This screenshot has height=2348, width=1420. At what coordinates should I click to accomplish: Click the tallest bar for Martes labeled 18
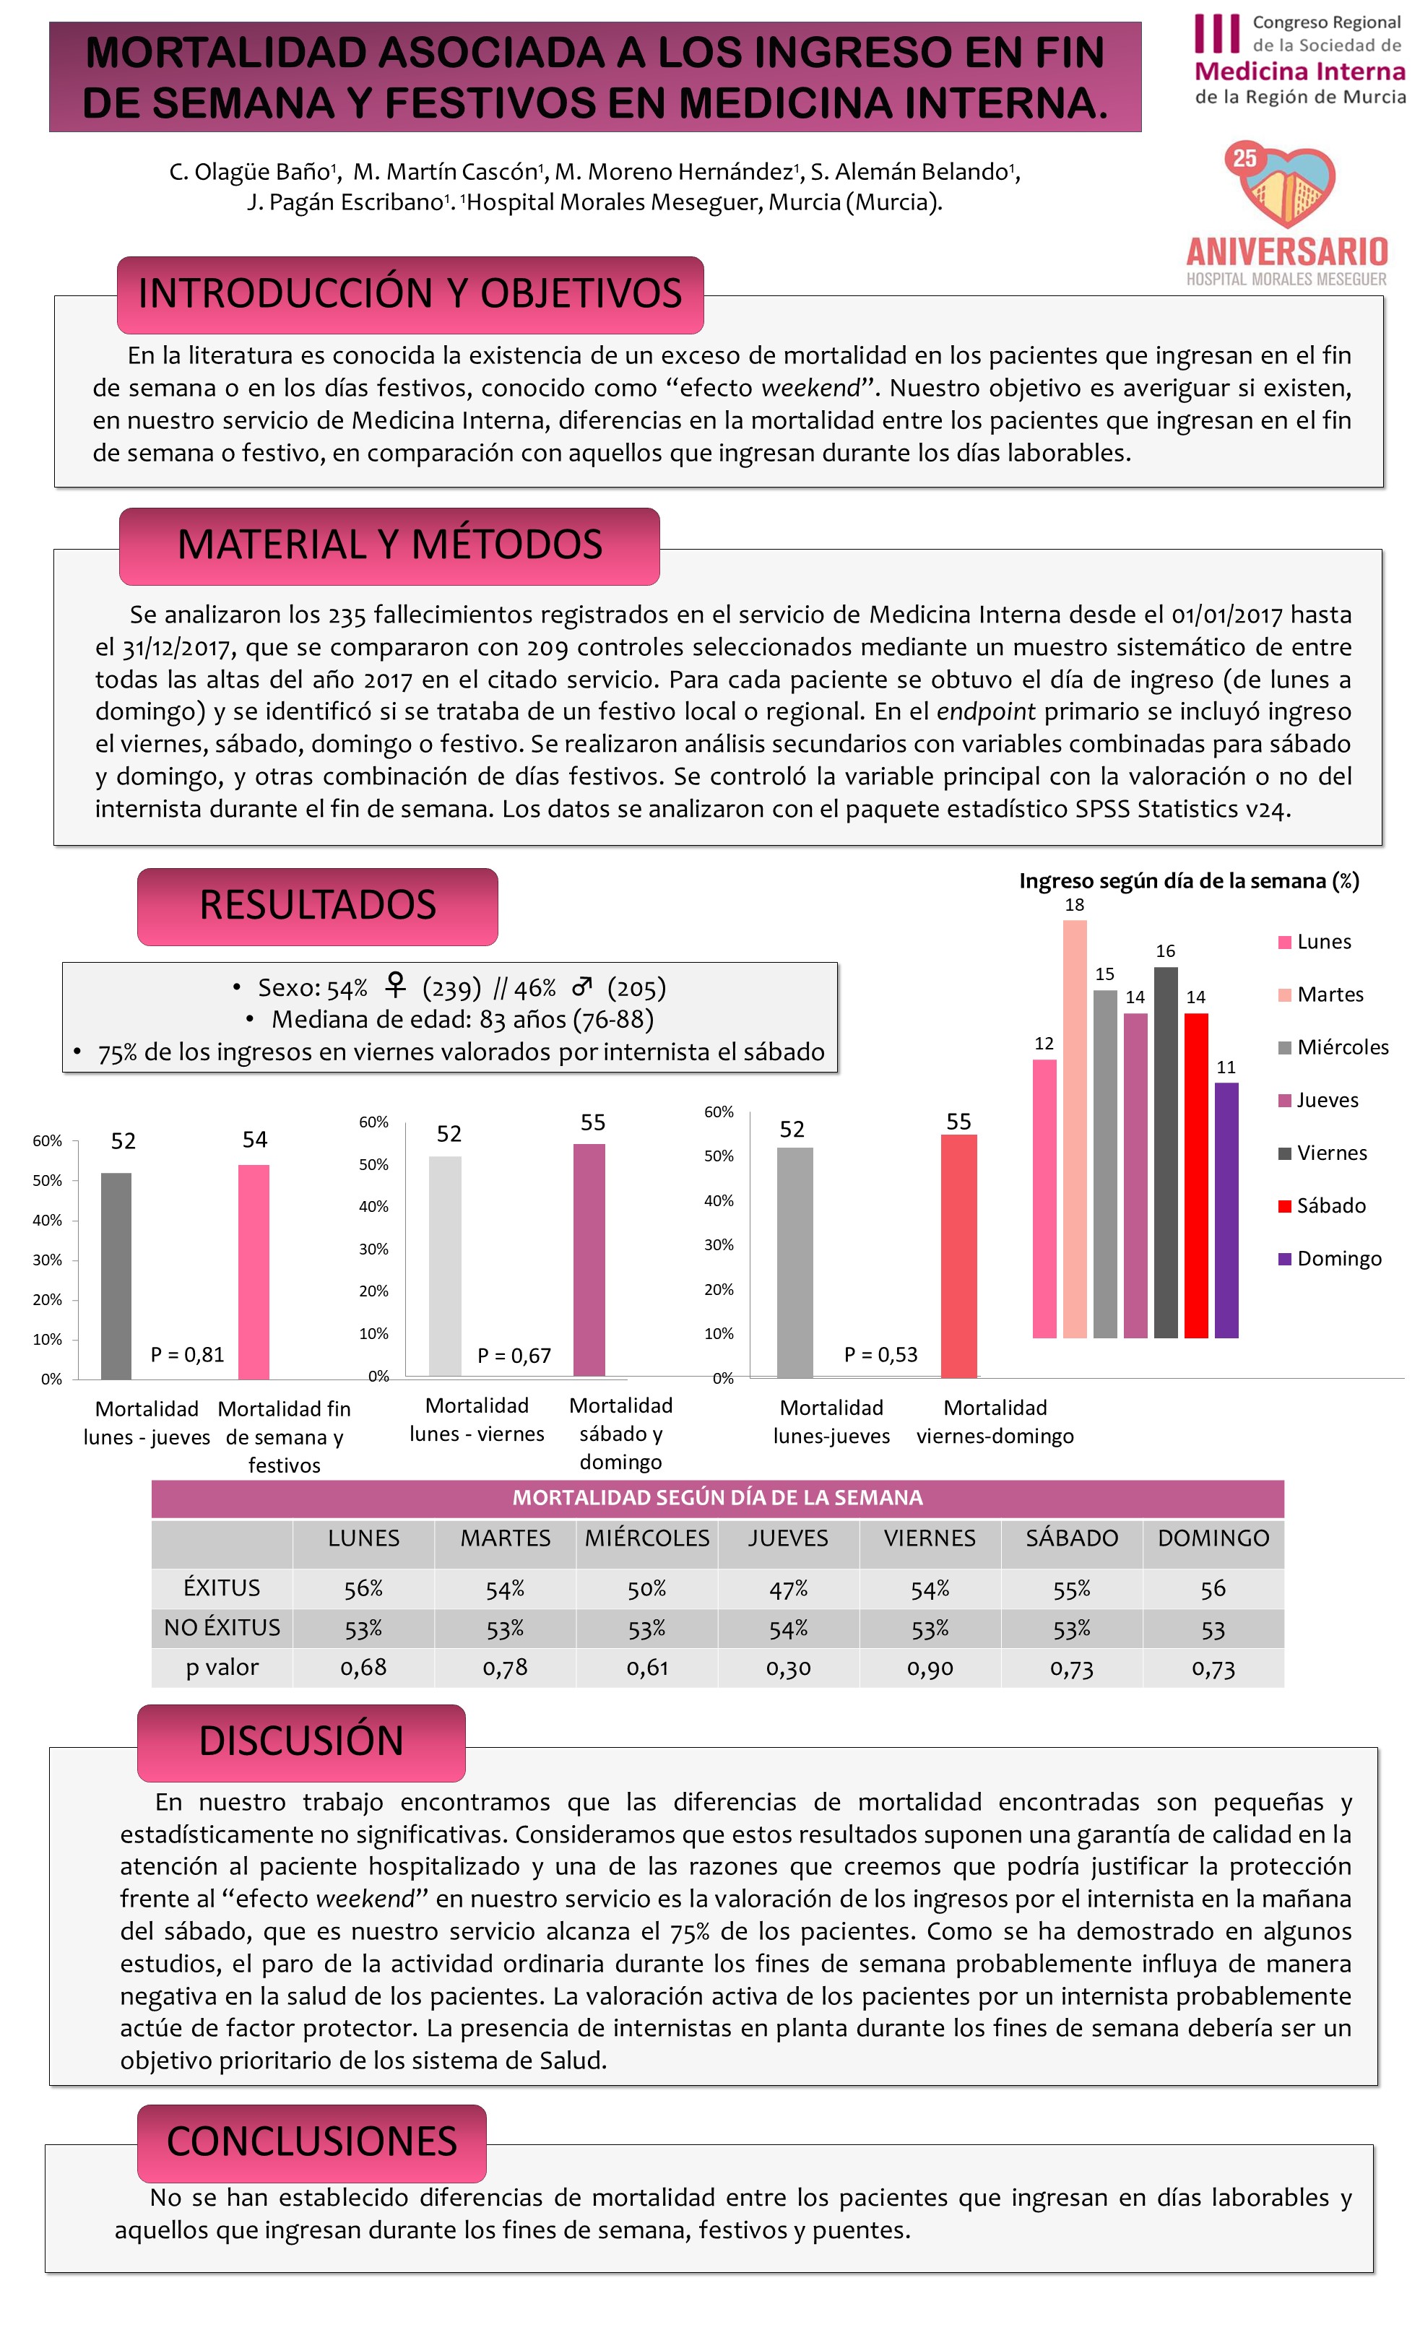point(1074,1128)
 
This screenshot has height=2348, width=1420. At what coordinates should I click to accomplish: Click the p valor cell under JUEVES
point(788,1668)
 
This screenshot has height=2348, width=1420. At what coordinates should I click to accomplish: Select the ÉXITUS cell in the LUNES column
point(363,1588)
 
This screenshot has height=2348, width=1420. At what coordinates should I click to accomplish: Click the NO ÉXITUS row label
point(222,1628)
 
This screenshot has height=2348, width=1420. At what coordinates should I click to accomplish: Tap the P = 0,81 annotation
point(187,1354)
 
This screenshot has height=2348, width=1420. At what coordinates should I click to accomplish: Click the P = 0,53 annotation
point(880,1354)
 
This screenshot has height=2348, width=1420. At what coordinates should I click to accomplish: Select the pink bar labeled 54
point(254,1271)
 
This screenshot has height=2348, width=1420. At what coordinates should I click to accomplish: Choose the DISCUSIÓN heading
point(301,1742)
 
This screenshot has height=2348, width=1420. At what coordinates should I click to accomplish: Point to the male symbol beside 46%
point(581,985)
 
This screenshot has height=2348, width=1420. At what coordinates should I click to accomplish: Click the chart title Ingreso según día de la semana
point(1188,880)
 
